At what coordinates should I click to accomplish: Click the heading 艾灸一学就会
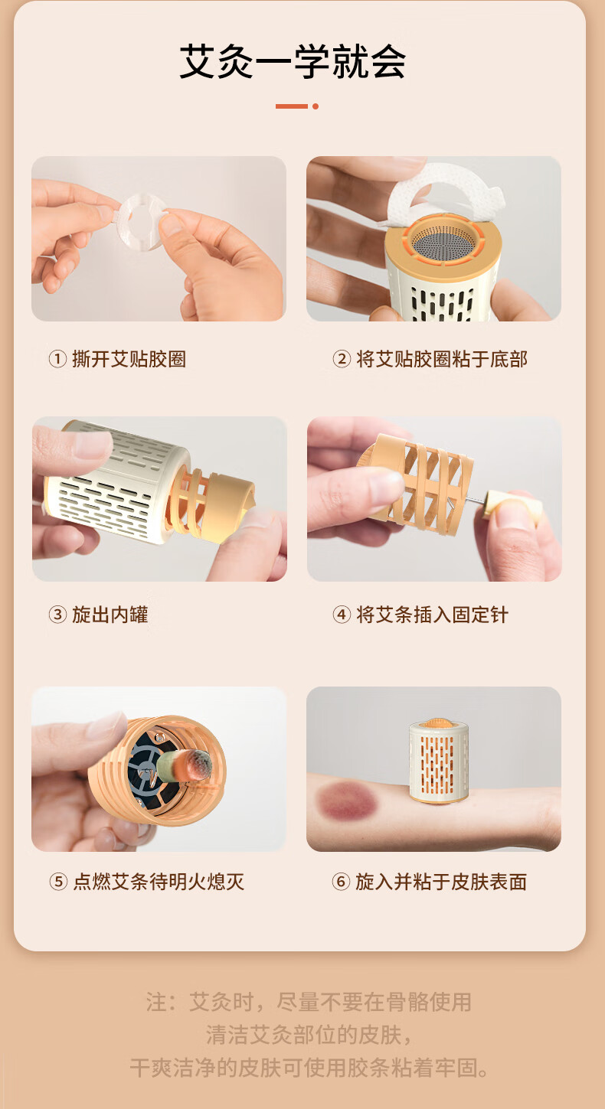293,61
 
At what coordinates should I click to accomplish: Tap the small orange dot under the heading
316,106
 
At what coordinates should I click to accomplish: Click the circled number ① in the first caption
57,359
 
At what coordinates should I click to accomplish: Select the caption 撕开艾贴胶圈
129,359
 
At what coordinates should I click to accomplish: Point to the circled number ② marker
342,359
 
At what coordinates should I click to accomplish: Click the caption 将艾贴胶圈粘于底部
441,359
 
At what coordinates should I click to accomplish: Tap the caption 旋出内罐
110,615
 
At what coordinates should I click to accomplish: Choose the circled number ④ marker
342,615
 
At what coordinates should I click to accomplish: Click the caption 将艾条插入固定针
432,615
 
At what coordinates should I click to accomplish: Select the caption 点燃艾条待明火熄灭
159,882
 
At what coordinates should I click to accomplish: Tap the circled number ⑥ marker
340,882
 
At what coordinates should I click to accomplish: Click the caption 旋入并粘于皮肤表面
441,882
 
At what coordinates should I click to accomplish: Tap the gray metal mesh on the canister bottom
444,243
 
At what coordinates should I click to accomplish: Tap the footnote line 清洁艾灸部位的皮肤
309,1035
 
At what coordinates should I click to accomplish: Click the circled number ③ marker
57,615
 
